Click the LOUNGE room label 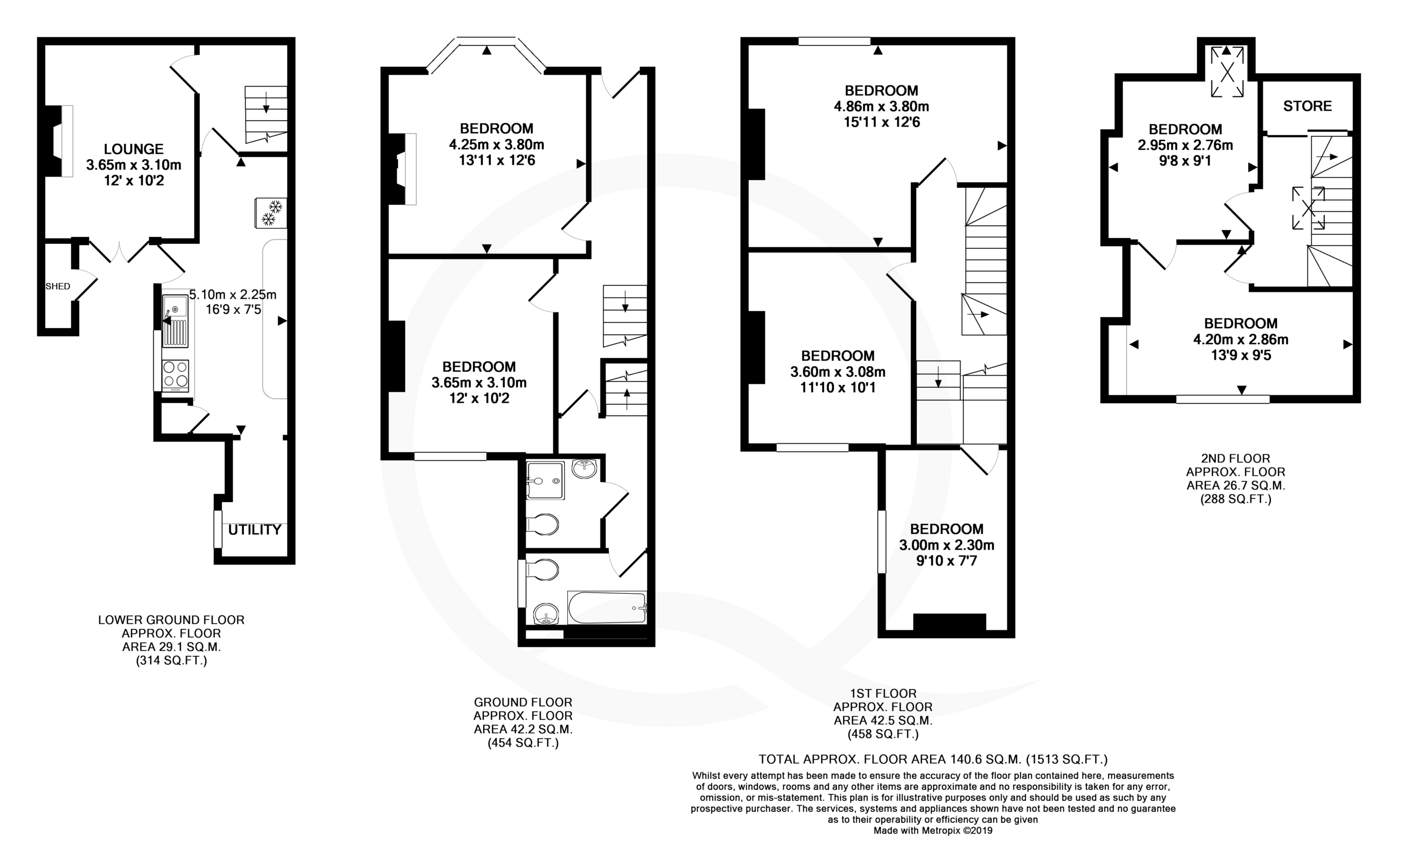click(134, 149)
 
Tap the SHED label click(58, 286)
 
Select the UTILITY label click(255, 530)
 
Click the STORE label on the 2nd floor click(1308, 106)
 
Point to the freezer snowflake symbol click(271, 213)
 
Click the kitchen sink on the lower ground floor click(175, 320)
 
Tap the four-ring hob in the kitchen click(175, 375)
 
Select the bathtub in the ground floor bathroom click(607, 607)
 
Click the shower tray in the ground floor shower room click(545, 481)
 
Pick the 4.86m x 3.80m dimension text click(881, 107)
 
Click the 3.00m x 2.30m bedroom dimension click(946, 545)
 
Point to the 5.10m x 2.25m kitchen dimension click(232, 295)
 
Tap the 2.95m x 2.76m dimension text click(1185, 145)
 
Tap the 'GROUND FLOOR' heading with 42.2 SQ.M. click(523, 703)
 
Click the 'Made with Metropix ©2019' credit click(933, 830)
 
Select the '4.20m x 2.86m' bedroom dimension click(1241, 340)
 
